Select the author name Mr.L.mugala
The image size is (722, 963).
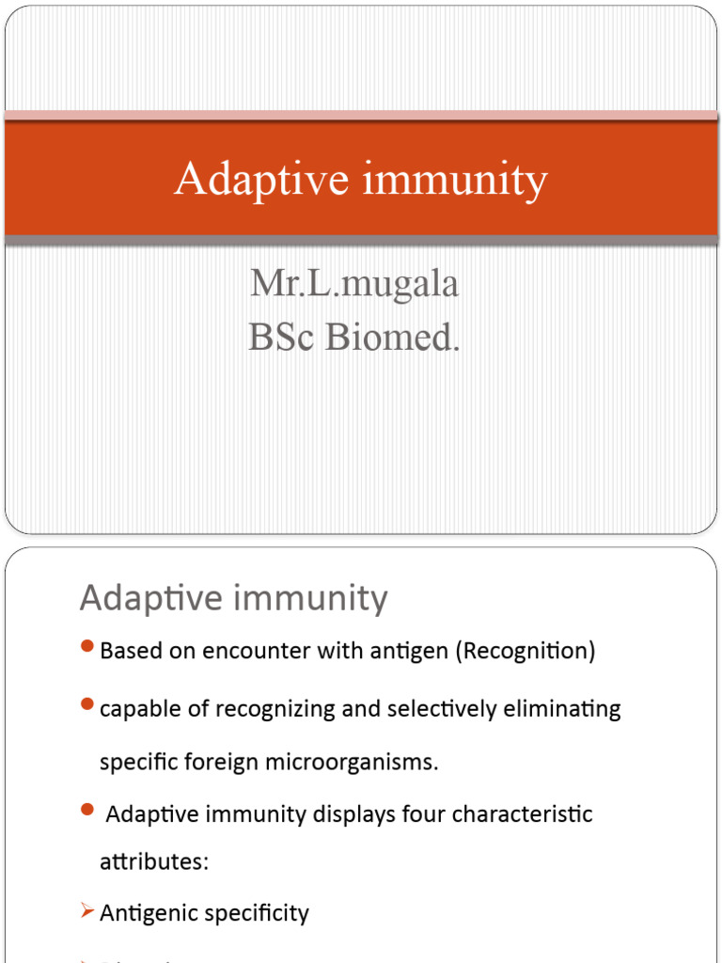pos(354,283)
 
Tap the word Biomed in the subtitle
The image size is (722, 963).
pos(390,337)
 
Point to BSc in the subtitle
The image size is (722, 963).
pos(282,337)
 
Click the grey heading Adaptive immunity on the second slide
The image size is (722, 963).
pos(233,598)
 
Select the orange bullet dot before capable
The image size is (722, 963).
pos(87,703)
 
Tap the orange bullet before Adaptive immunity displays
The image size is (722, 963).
pos(87,810)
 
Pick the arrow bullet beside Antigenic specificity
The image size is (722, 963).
pos(86,910)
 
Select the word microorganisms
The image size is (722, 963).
pos(360,762)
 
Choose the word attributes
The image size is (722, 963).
pos(153,861)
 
